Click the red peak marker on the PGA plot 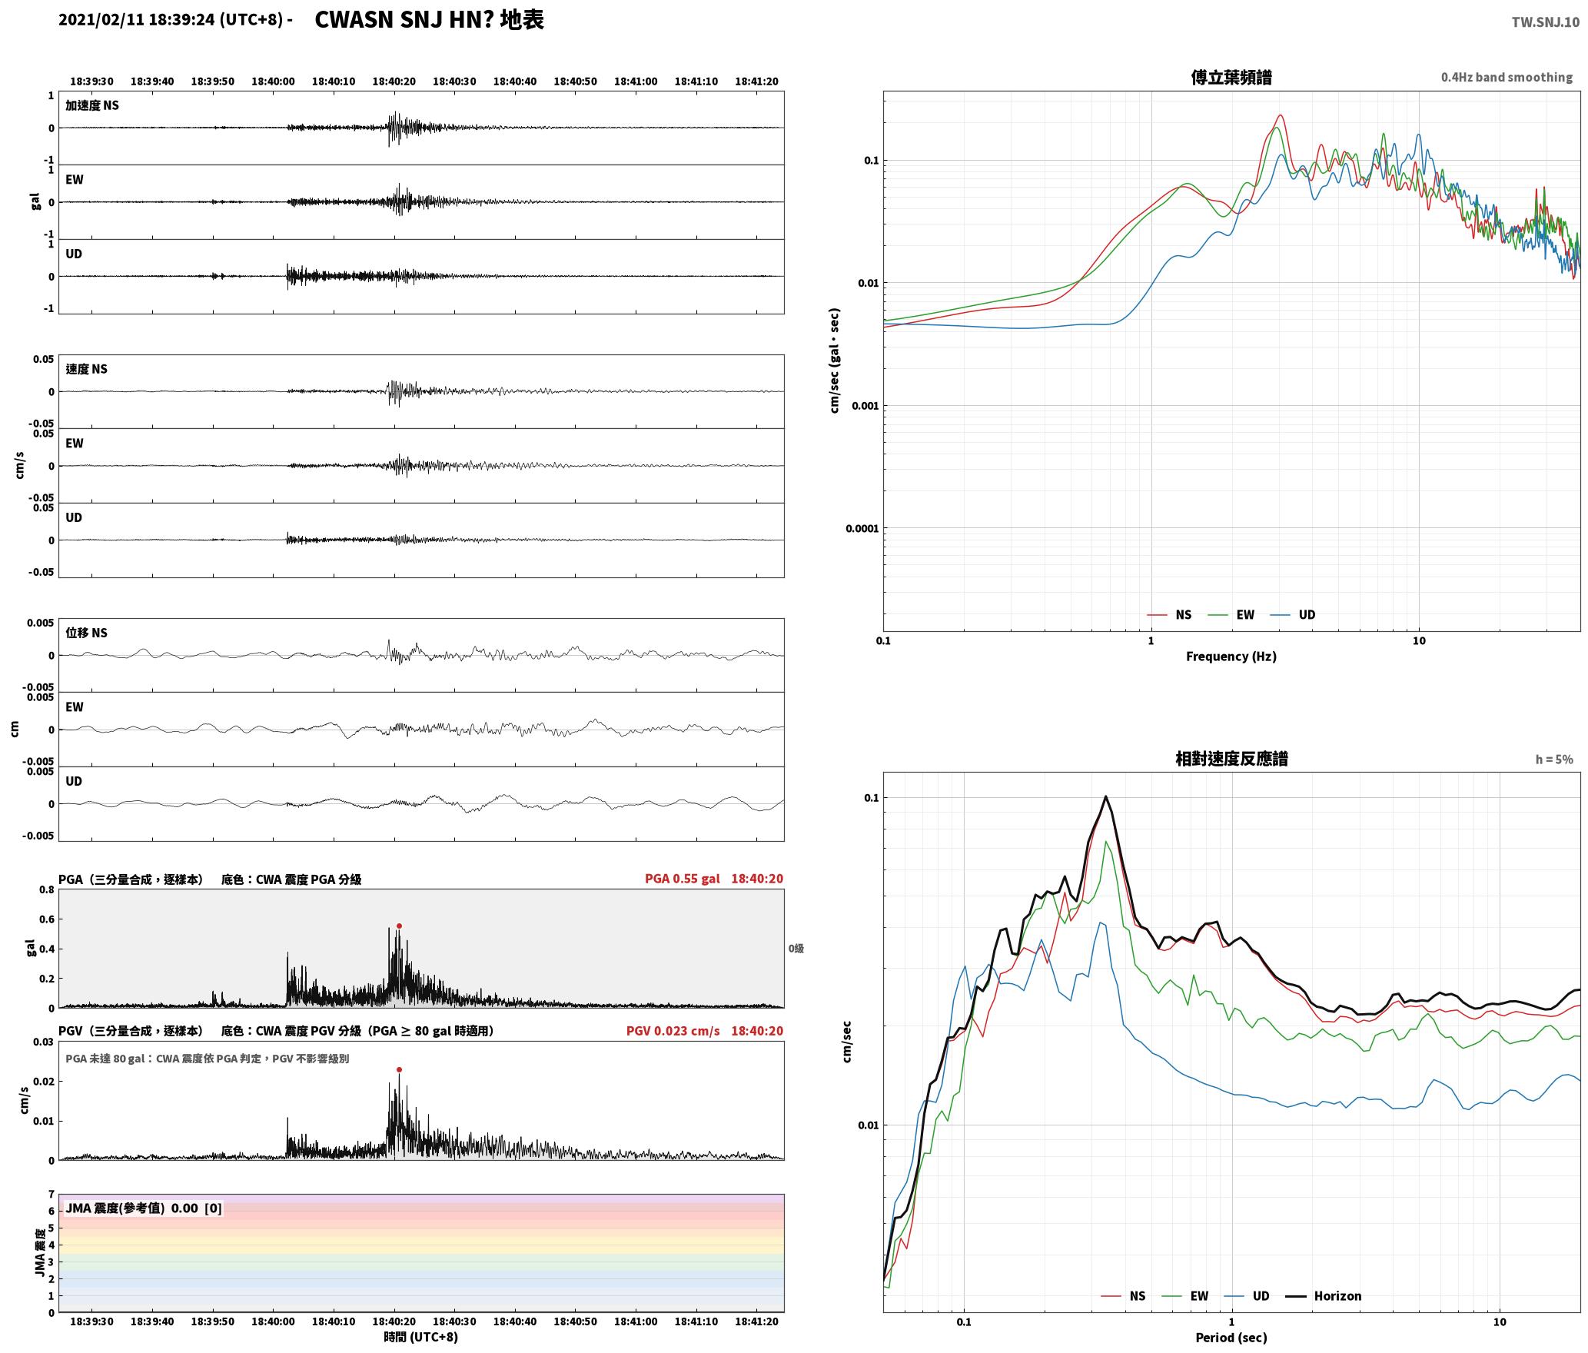(x=399, y=926)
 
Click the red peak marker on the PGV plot (x=399, y=1069)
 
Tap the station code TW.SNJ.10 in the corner (x=1546, y=22)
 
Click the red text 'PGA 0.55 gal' (x=683, y=879)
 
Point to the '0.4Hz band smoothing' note (x=1507, y=77)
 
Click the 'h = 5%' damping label (x=1554, y=760)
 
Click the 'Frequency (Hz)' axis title (x=1231, y=657)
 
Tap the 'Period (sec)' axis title (x=1231, y=1338)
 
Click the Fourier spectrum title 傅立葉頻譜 (x=1231, y=77)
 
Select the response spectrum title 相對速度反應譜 (x=1231, y=759)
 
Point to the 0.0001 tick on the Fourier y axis (x=862, y=528)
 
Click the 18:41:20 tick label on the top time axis (x=756, y=81)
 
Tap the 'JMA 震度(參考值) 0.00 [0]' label (x=144, y=1208)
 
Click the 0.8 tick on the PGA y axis (x=46, y=890)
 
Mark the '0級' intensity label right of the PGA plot (x=796, y=949)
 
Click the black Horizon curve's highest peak (x=1106, y=796)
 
